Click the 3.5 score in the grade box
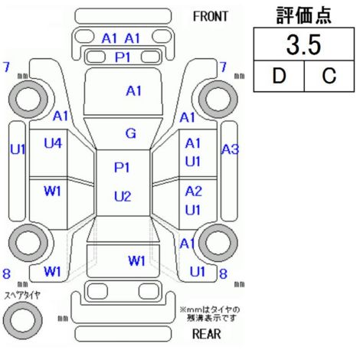[303, 45]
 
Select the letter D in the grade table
[279, 76]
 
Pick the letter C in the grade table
[329, 76]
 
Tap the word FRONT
[210, 17]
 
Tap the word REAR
[206, 334]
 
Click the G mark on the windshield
[131, 133]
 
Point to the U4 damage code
[53, 143]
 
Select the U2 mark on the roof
[123, 197]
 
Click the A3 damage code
[230, 149]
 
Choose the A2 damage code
[194, 191]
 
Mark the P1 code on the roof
[122, 168]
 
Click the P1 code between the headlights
[123, 57]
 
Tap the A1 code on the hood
[133, 91]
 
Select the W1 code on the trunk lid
[136, 260]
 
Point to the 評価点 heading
[304, 15]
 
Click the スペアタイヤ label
[22, 296]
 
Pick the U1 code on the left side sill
[18, 149]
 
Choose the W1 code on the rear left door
[52, 191]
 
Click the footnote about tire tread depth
[210, 314]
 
